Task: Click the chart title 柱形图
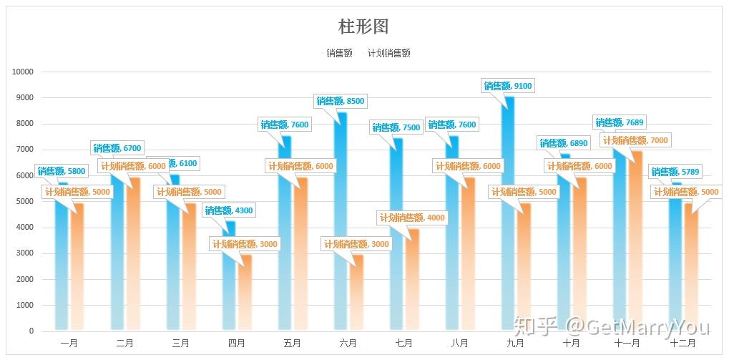point(363,26)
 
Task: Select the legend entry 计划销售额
point(388,53)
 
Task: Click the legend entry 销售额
point(339,53)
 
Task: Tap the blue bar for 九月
point(509,215)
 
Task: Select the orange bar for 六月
point(356,293)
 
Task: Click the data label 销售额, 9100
point(508,86)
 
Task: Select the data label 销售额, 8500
point(341,101)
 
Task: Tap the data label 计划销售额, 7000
point(635,140)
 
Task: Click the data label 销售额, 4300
point(229,210)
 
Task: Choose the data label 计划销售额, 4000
point(412,218)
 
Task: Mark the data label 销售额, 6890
point(564,143)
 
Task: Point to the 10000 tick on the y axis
point(23,72)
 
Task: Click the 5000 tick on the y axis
point(23,202)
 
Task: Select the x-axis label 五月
point(292,344)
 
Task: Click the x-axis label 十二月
point(682,344)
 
